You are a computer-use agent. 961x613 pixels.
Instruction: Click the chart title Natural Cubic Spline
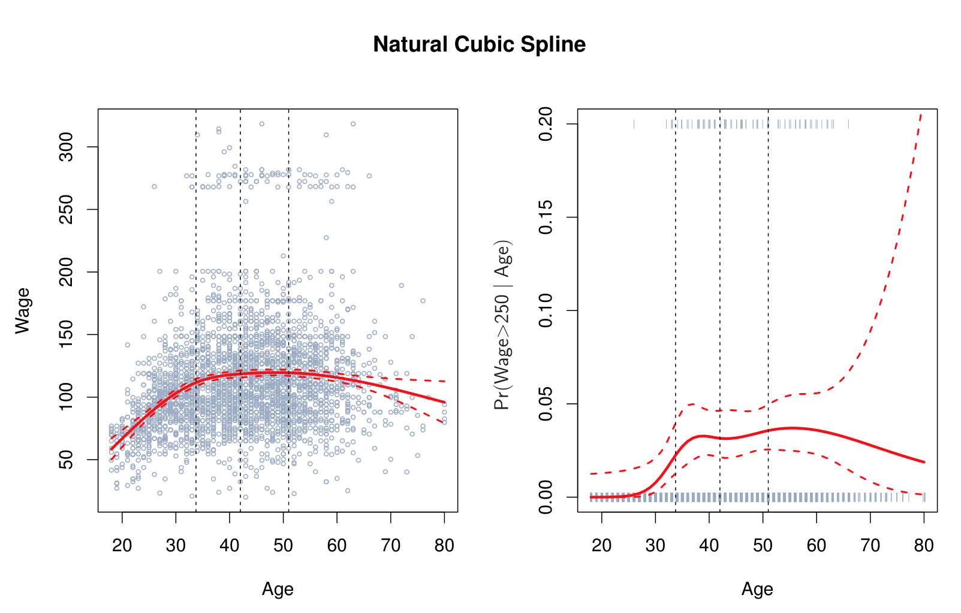(x=479, y=44)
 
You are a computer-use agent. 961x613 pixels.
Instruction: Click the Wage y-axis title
(x=23, y=310)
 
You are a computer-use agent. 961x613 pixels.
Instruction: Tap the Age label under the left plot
(x=278, y=590)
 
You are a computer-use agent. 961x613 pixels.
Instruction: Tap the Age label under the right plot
(x=757, y=590)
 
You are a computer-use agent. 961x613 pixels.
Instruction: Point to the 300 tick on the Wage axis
(x=67, y=147)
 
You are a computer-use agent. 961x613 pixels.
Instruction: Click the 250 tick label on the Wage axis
(x=67, y=209)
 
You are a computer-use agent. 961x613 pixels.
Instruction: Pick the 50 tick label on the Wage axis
(x=67, y=460)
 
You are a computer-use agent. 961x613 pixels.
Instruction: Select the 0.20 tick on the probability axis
(x=546, y=124)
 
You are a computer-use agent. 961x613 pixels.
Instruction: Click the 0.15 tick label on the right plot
(x=546, y=217)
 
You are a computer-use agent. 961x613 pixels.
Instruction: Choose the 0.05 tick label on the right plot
(x=546, y=404)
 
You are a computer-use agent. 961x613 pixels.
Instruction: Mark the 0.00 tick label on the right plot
(x=546, y=497)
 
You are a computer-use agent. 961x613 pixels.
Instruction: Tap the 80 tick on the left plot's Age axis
(x=444, y=545)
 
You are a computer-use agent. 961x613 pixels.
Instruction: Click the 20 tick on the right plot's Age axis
(x=602, y=545)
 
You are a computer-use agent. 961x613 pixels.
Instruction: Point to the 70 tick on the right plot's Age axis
(x=870, y=545)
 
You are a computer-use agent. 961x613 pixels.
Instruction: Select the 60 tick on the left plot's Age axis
(x=337, y=545)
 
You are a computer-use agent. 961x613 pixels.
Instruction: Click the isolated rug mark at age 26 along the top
(x=634, y=124)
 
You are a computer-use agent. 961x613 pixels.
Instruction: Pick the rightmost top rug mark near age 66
(x=848, y=124)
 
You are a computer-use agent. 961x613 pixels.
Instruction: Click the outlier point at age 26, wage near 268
(x=154, y=186)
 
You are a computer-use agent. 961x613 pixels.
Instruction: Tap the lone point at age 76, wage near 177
(x=423, y=301)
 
